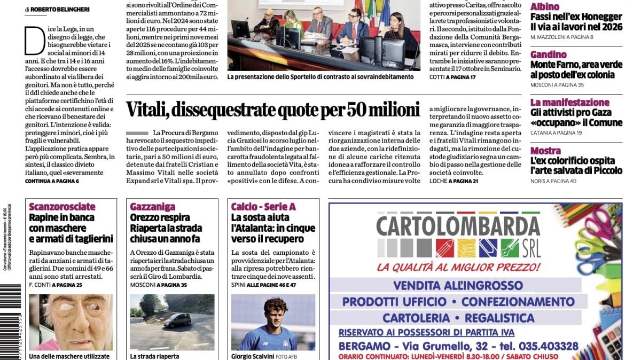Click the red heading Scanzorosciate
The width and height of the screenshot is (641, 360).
pos(62,207)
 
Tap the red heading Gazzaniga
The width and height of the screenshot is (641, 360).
pos(152,207)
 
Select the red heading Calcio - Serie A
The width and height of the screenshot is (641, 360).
pos(263,207)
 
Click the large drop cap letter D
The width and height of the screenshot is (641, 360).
pos(34,41)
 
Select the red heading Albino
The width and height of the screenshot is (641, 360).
pos(545,7)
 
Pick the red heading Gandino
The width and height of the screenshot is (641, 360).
pos(549,54)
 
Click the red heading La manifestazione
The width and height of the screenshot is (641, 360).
pos(570,102)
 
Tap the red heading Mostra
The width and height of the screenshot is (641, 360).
pos(545,150)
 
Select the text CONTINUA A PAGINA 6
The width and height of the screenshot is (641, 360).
pos(52,181)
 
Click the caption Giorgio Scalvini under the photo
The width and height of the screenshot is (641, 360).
pos(252,356)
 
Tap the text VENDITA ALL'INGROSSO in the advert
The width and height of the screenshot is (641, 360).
pos(457,285)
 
